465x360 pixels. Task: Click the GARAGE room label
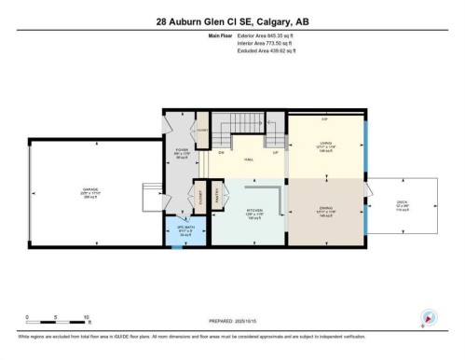click(x=89, y=193)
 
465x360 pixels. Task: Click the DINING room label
click(x=324, y=212)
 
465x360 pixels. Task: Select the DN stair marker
click(x=222, y=151)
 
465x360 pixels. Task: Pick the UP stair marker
click(x=274, y=151)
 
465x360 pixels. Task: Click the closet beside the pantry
click(x=198, y=197)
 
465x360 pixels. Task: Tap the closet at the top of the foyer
click(x=202, y=132)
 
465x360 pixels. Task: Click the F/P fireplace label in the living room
click(x=324, y=118)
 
